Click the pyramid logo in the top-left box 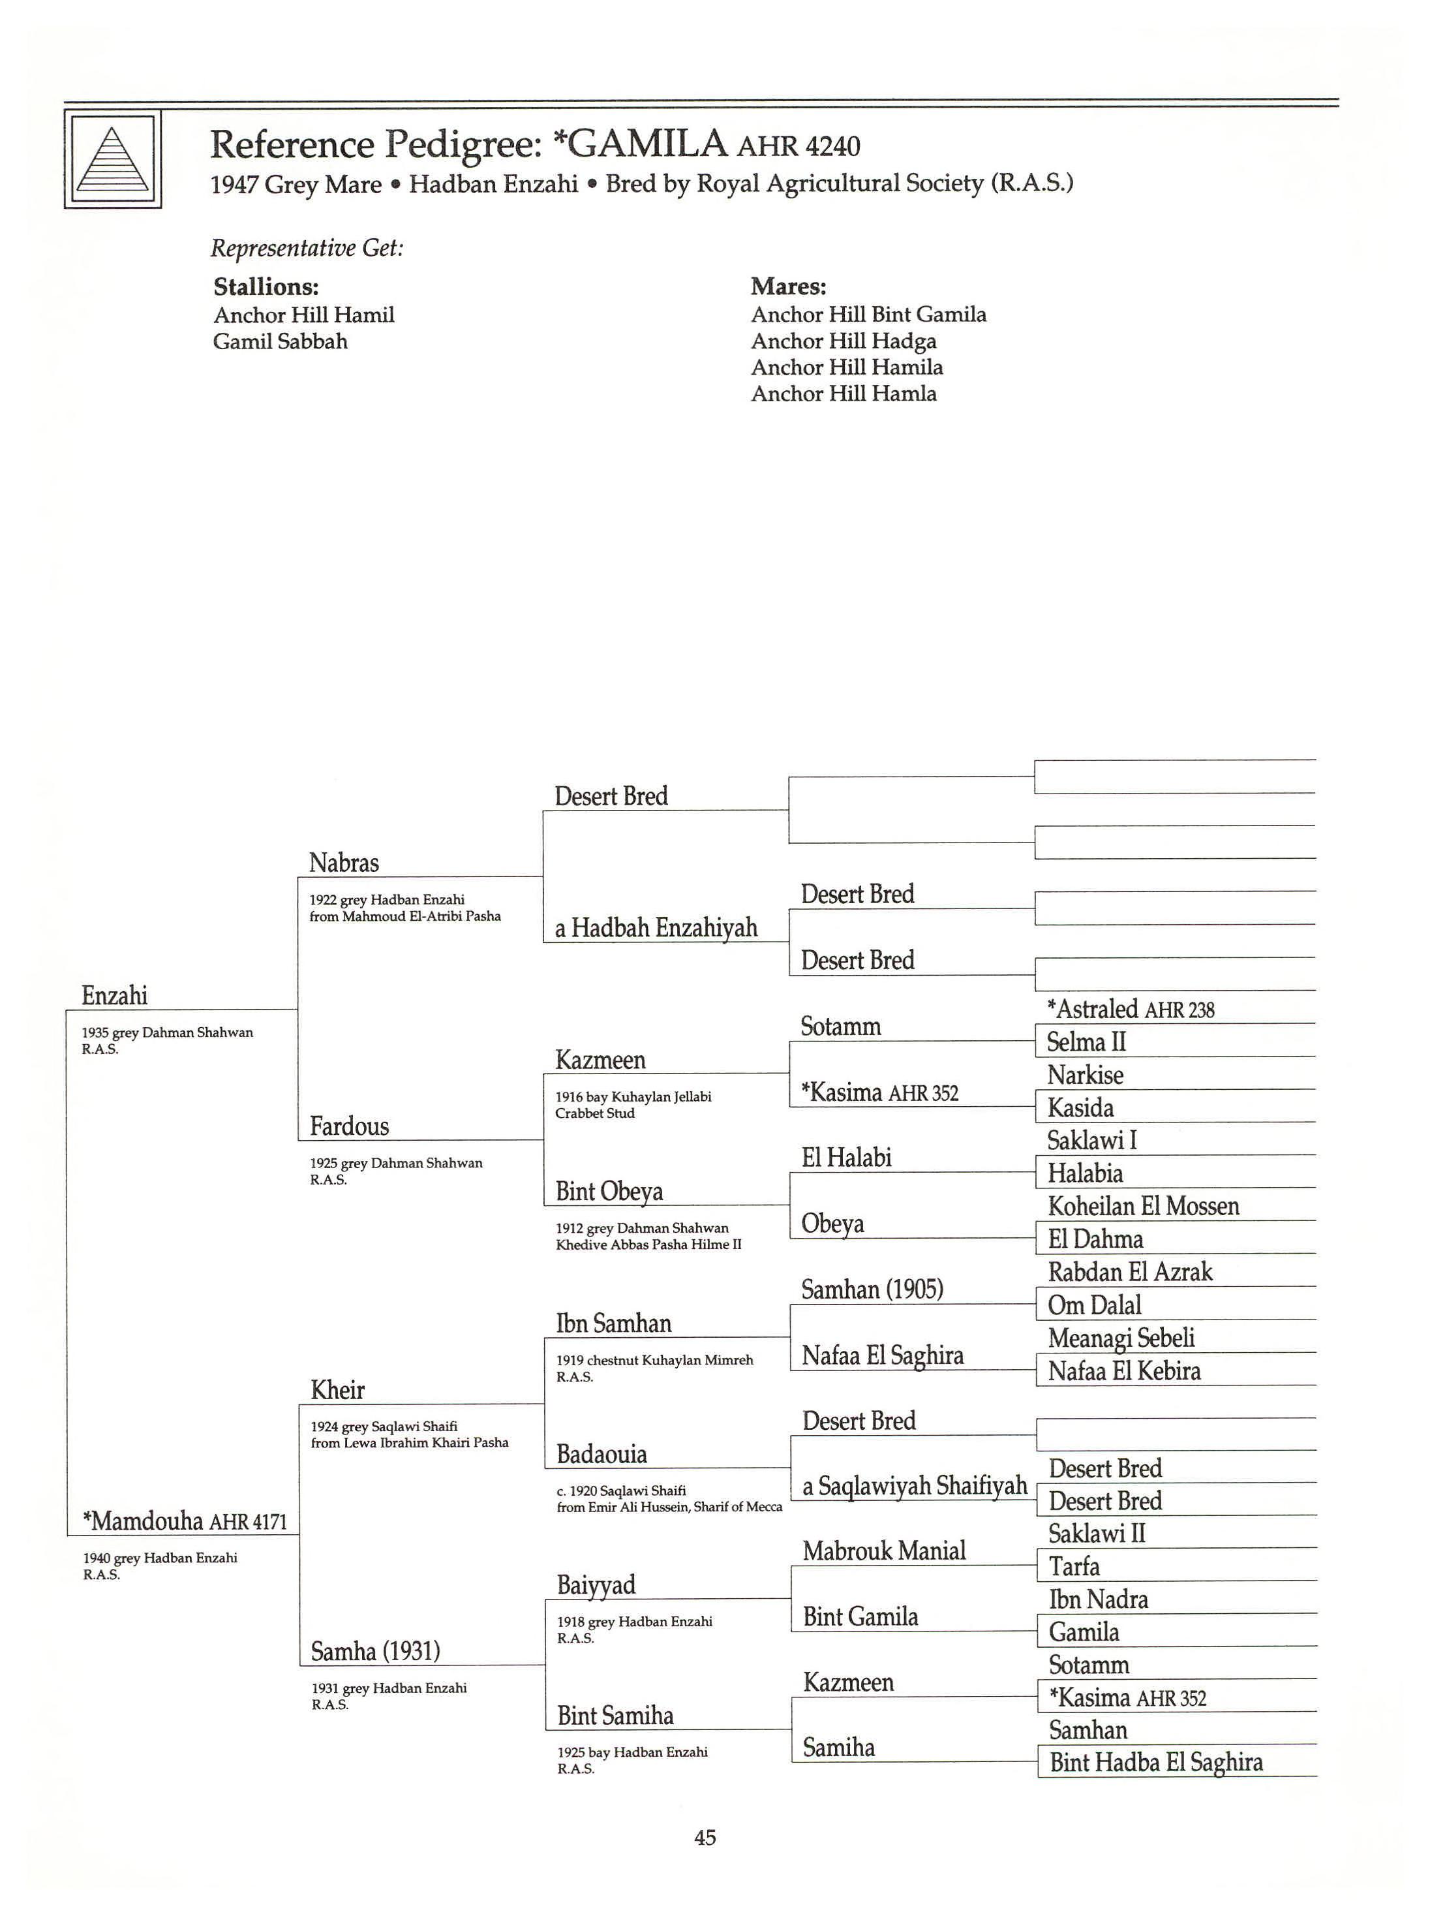point(112,160)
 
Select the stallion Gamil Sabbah point(280,342)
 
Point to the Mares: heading point(787,286)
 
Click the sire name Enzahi point(114,996)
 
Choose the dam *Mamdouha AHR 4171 point(185,1521)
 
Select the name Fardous point(349,1126)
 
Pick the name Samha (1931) point(375,1651)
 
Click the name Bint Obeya point(609,1192)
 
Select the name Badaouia point(601,1454)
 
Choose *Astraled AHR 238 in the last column point(1130,1010)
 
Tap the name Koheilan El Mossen point(1142,1206)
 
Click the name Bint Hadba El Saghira point(1155,1762)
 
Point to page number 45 point(705,1837)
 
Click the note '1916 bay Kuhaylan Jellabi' point(633,1097)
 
